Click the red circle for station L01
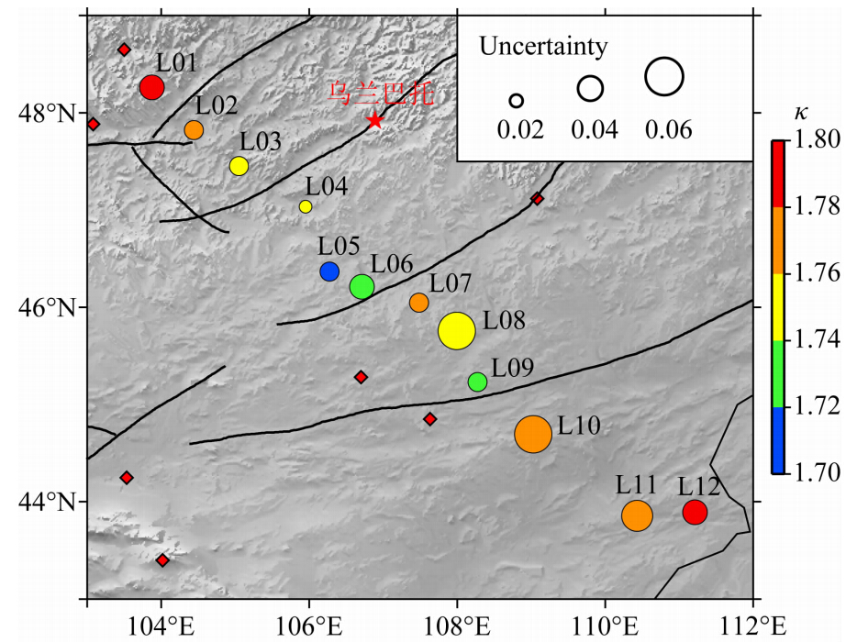[152, 87]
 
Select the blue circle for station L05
[329, 271]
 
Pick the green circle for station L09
[477, 382]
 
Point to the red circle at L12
[695, 513]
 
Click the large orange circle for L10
[533, 434]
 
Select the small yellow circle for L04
[306, 206]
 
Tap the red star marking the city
[374, 120]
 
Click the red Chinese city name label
[379, 93]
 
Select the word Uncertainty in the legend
[543, 46]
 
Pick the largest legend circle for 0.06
[664, 77]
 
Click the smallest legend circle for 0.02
[517, 101]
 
